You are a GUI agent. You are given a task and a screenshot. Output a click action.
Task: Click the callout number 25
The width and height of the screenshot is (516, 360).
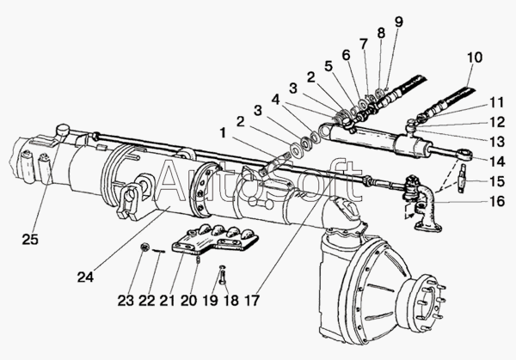30,240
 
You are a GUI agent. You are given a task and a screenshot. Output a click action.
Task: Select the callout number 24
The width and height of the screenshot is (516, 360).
85,278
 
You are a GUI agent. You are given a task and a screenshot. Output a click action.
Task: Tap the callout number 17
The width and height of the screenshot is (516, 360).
252,300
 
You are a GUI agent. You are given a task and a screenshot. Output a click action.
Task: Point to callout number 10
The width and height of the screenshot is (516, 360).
474,58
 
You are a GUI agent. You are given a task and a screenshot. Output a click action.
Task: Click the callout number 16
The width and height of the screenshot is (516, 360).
496,201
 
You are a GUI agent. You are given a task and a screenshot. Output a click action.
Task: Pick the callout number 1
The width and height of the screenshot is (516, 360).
223,133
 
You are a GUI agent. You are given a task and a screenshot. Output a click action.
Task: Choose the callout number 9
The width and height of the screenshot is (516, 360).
398,21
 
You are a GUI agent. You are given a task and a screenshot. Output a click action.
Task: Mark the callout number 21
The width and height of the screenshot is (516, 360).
167,300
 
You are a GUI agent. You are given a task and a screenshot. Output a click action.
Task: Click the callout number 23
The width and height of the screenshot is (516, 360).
126,300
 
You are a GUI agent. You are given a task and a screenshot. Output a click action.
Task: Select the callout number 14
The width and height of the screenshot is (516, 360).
496,162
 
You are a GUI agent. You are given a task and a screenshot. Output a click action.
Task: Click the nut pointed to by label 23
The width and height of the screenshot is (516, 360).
144,247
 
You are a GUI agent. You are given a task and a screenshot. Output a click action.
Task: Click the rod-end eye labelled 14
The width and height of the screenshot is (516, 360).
465,155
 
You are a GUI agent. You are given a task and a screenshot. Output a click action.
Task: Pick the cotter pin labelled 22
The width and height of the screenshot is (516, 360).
158,251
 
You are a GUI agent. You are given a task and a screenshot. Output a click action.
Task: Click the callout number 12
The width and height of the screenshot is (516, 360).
496,122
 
